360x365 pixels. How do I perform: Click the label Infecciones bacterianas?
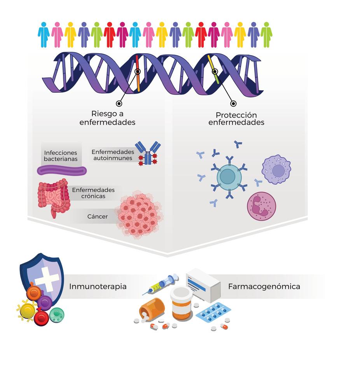point(61,156)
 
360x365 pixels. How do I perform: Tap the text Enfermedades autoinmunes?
point(113,155)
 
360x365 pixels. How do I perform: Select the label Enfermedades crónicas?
point(93,193)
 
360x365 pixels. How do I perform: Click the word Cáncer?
point(98,216)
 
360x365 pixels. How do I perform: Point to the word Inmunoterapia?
point(98,287)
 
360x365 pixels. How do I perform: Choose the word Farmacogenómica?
point(264,287)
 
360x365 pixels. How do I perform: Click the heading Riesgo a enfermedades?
point(107,118)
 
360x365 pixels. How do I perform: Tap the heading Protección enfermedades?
point(236,119)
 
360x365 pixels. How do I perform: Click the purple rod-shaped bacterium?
point(62,170)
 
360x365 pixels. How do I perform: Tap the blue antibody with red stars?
point(147,153)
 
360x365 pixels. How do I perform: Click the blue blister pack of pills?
point(213,312)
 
